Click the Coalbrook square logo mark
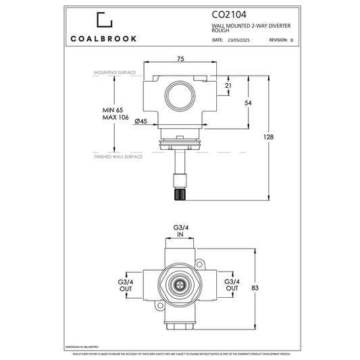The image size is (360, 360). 105,21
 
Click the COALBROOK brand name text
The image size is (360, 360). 105,38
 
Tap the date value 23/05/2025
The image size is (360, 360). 238,41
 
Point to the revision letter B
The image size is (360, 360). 291,41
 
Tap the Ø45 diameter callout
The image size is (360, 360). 142,121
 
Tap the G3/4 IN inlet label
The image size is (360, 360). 180,232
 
